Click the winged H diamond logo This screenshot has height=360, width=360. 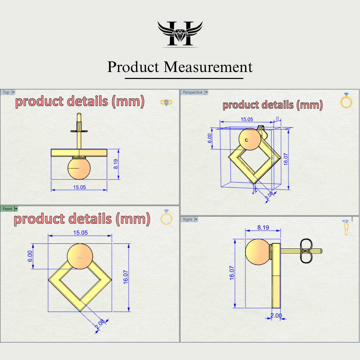point(180,34)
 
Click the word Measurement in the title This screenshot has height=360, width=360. point(208,67)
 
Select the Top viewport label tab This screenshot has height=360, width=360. point(6,92)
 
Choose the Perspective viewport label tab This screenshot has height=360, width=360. point(193,92)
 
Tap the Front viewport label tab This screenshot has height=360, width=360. point(7,209)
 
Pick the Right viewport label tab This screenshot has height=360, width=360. point(187,219)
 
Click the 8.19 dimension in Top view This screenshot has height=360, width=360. point(116,164)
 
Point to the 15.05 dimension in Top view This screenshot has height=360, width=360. point(79,187)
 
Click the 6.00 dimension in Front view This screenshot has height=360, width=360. point(30,256)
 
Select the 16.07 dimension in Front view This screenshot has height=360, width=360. point(125,277)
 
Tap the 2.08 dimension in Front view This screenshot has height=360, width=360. point(100,324)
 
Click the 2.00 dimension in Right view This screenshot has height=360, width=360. point(276,316)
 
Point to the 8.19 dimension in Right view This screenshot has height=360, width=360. point(263,228)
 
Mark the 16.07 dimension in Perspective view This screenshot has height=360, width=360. point(286,159)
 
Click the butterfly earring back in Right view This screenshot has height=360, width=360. point(306,251)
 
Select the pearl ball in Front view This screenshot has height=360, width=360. point(80,256)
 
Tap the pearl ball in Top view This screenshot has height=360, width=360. point(79,168)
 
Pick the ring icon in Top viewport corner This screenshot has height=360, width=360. point(166,102)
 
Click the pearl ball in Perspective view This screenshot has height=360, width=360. point(249,139)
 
